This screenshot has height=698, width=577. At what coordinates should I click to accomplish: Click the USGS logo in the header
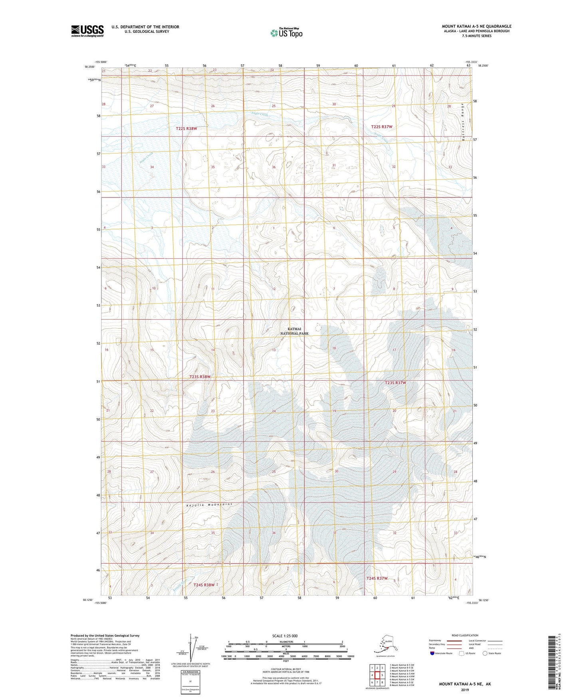coord(87,31)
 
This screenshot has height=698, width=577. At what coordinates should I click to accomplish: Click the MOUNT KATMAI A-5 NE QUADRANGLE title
coord(476,26)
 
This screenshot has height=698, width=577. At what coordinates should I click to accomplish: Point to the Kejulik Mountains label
coord(209,505)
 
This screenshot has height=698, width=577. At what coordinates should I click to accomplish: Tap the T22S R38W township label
coord(186,129)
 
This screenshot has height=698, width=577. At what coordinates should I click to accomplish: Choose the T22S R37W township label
coord(382,127)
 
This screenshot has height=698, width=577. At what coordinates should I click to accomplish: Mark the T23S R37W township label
coord(395,383)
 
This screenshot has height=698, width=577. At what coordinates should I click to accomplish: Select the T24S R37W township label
coord(377,578)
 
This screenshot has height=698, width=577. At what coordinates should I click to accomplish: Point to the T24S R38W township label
coord(204,584)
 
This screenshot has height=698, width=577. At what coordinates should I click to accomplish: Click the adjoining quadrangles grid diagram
coord(377,676)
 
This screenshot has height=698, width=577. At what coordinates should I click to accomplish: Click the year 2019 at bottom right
coord(465,690)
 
